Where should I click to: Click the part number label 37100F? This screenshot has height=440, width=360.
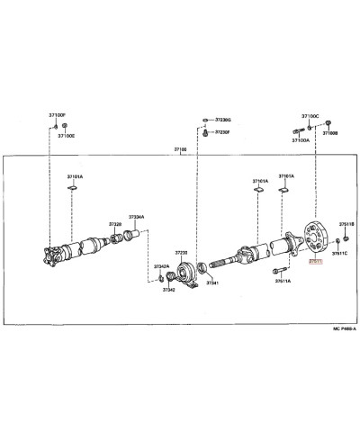coord(46,115)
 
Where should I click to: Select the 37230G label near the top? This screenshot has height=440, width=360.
coord(221,120)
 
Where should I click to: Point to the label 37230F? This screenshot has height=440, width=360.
coord(221,133)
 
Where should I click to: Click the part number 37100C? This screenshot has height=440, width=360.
coord(310,116)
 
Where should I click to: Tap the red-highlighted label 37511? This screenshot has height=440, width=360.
coord(314,262)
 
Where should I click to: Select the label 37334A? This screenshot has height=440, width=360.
coord(136,216)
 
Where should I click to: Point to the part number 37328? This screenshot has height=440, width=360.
coord(115,222)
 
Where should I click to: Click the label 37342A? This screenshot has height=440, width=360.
coord(160,266)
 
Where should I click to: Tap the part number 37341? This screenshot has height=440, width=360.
coord(212,283)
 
